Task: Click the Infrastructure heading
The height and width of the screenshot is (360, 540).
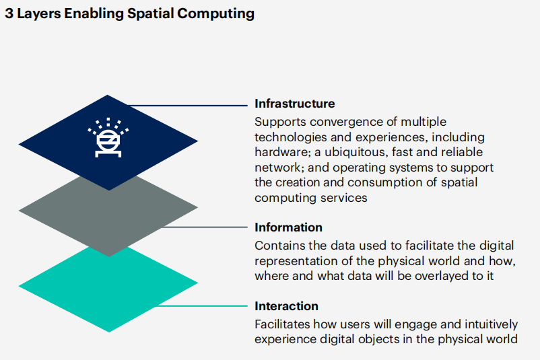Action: tap(294, 104)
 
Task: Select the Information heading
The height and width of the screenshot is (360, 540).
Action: tap(288, 227)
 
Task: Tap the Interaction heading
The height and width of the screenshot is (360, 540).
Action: tap(286, 306)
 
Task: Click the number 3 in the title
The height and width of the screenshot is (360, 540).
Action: tap(9, 13)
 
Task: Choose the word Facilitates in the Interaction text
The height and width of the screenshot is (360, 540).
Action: tap(281, 324)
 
